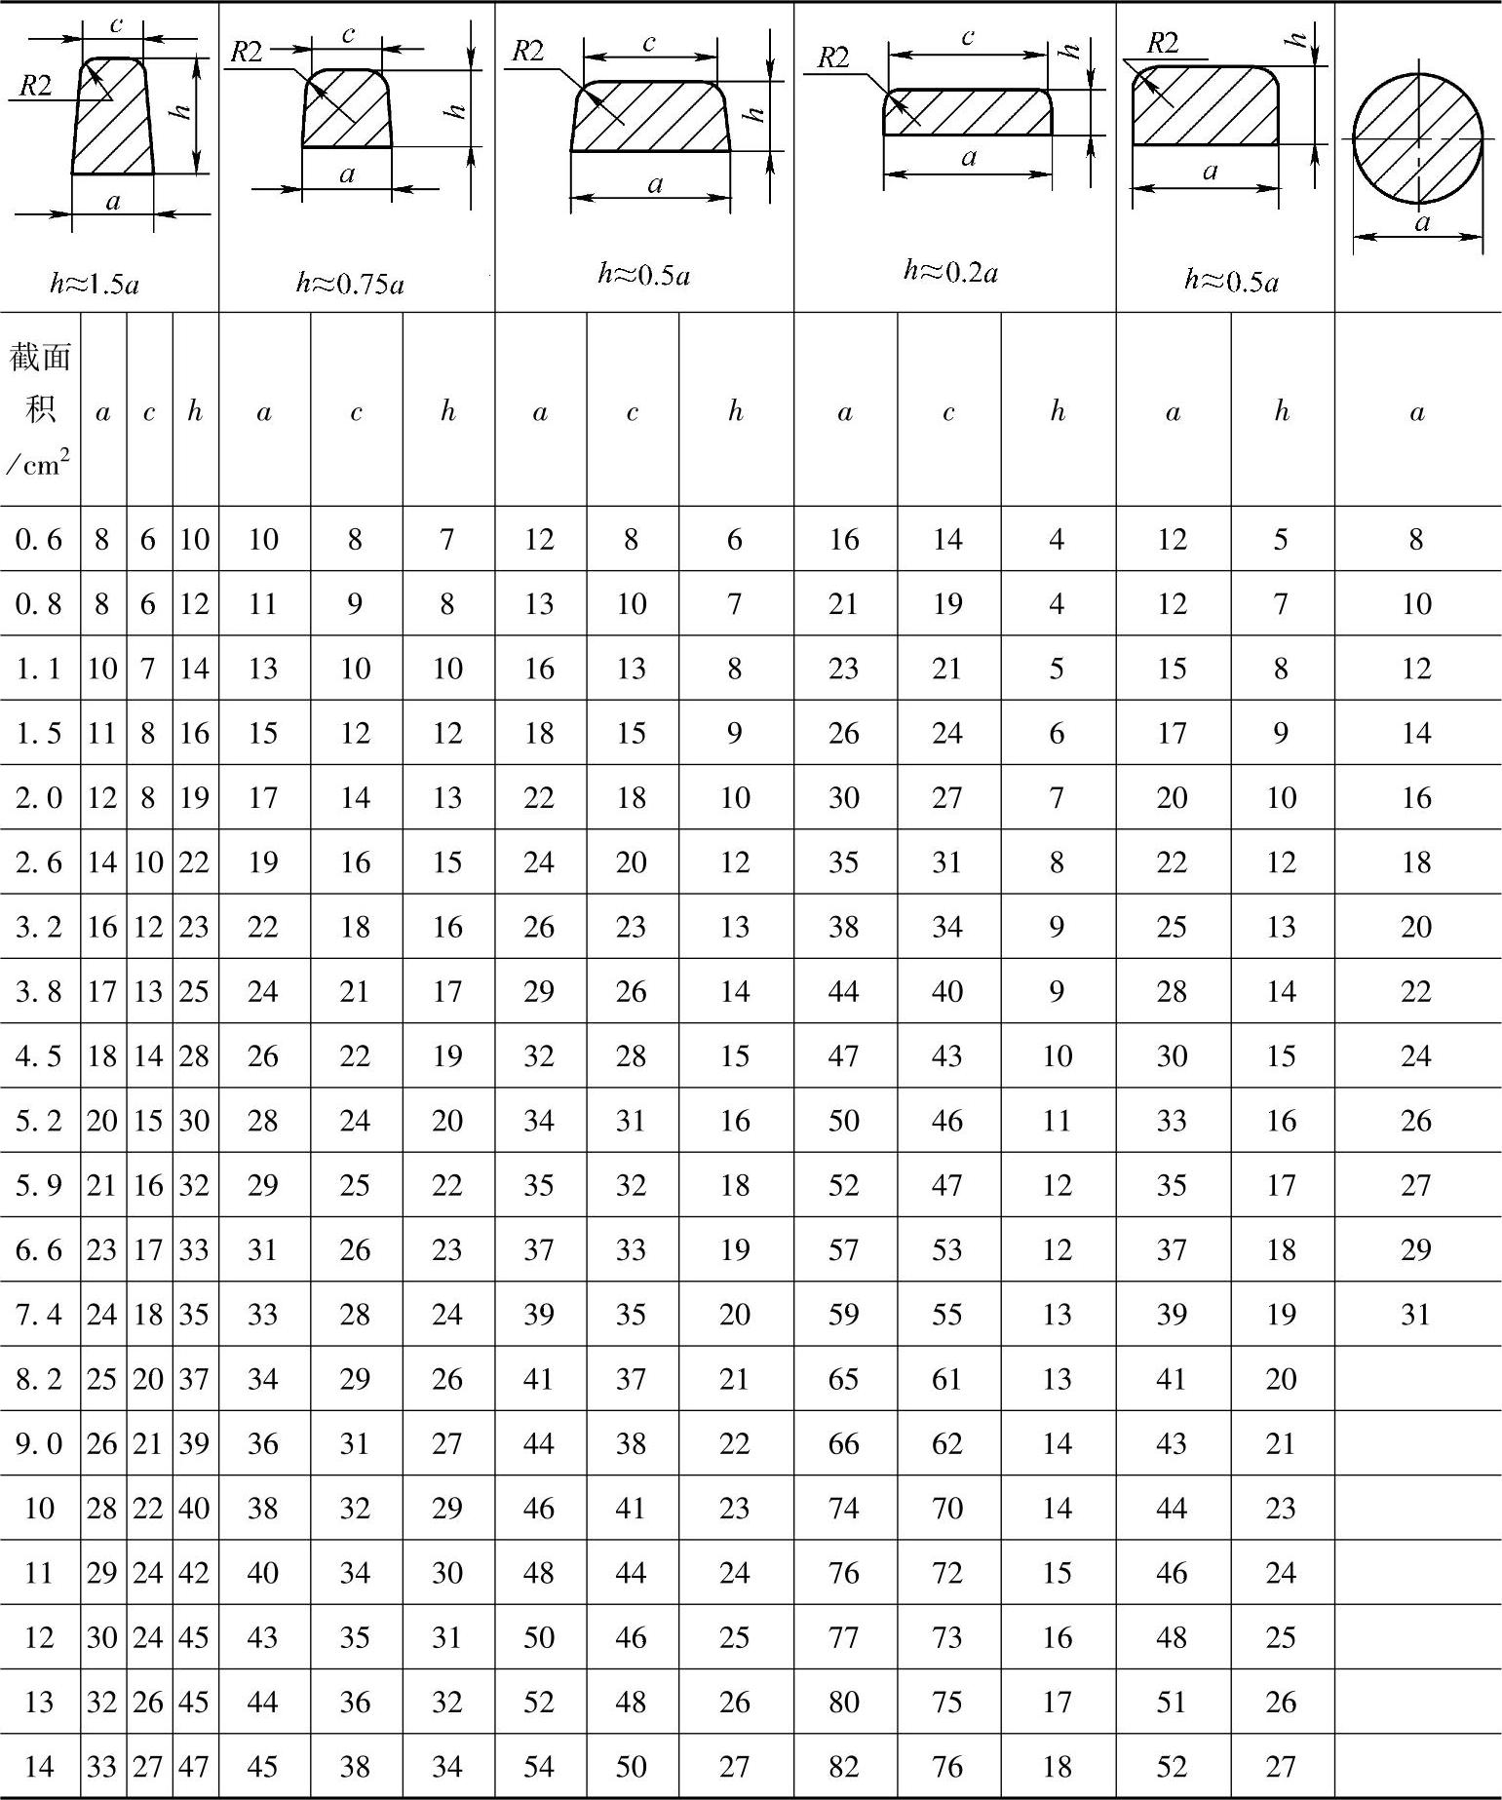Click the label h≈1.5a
(x=95, y=285)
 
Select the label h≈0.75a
(x=350, y=284)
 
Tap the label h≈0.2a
(x=950, y=272)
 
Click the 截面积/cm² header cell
(x=40, y=409)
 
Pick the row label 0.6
(x=39, y=539)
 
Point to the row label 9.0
(x=39, y=1443)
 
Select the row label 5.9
(x=39, y=1185)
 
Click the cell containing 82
(x=844, y=1767)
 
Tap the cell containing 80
(x=844, y=1702)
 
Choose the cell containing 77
(x=844, y=1637)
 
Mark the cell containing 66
(x=844, y=1443)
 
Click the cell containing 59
(x=844, y=1315)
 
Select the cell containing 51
(x=1172, y=1702)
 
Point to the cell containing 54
(x=539, y=1767)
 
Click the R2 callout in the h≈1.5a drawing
(x=35, y=86)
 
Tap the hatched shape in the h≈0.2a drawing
(x=968, y=112)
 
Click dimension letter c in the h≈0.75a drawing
(x=348, y=35)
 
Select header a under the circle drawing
(x=1416, y=411)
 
